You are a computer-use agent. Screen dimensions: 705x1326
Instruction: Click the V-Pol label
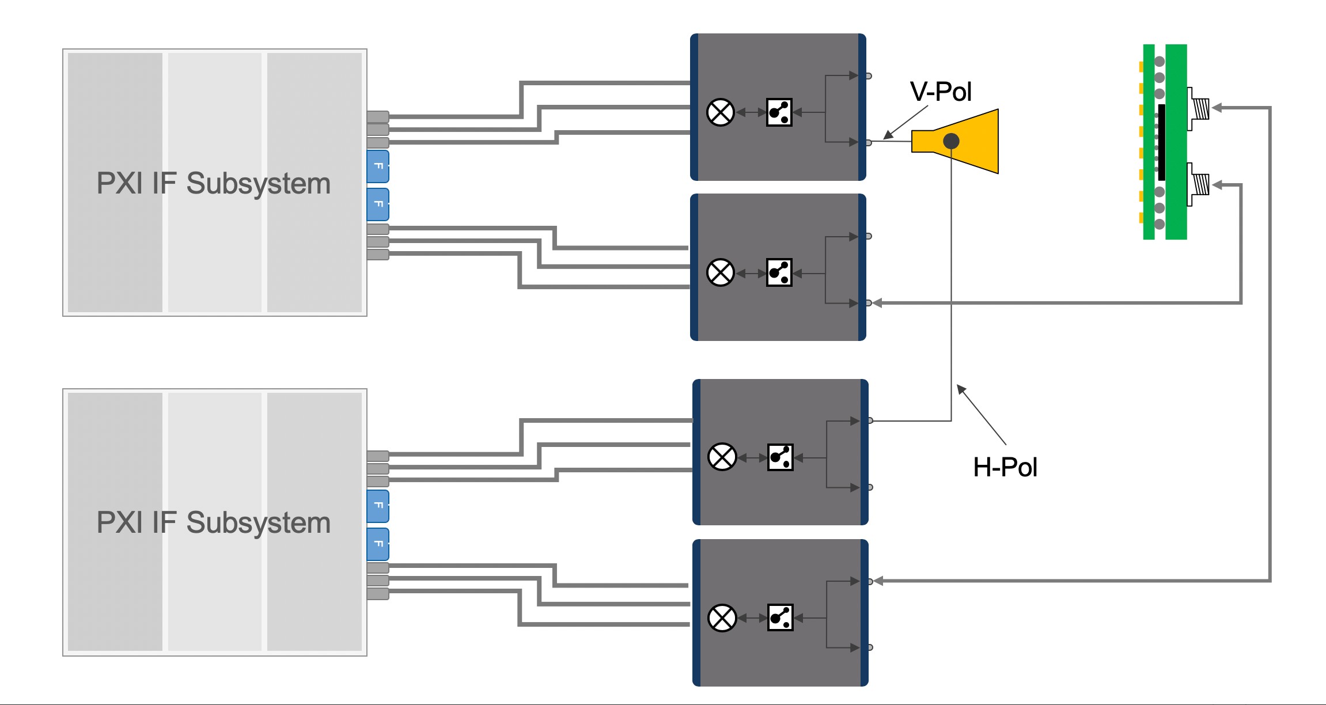[941, 92]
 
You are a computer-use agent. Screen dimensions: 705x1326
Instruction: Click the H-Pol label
[1005, 467]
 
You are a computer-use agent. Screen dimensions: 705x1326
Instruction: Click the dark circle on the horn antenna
[951, 141]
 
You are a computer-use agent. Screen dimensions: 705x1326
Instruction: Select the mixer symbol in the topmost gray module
[720, 112]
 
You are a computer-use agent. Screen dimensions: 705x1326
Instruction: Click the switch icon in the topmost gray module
[779, 112]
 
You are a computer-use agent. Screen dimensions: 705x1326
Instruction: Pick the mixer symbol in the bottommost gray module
[722, 618]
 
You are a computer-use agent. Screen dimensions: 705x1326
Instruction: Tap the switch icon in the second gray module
[779, 272]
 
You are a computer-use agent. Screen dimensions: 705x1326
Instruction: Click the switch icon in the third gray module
[780, 457]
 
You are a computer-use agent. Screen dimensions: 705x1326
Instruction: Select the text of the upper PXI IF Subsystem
[214, 183]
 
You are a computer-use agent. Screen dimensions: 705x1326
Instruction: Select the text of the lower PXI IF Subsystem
[214, 522]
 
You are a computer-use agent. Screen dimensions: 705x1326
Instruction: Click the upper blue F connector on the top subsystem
[378, 166]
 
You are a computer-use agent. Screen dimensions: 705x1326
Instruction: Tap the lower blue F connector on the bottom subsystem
[378, 544]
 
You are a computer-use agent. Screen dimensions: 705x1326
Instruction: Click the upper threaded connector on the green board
[1200, 108]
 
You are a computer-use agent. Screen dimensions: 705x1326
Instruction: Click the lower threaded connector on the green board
[1200, 184]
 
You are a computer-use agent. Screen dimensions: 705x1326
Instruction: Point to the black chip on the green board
[1161, 142]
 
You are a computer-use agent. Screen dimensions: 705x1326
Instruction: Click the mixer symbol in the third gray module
[722, 457]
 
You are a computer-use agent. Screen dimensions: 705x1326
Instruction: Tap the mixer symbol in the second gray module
[720, 272]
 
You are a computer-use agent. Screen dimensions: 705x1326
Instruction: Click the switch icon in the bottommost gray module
[780, 618]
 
